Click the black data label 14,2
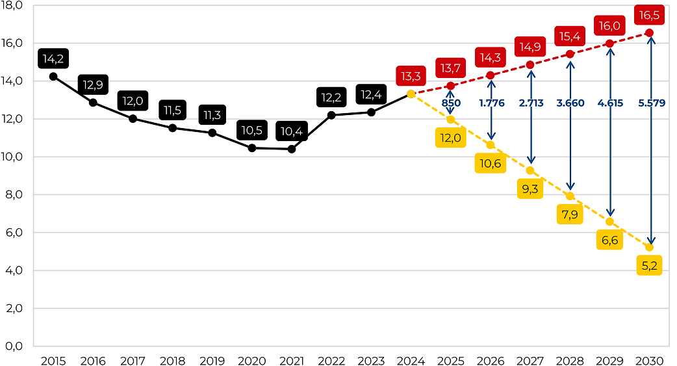[53, 59]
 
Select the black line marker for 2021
[292, 149]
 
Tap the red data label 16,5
[648, 14]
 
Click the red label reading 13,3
[411, 77]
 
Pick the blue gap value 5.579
[652, 103]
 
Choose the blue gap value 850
[451, 103]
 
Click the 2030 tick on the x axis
[648, 360]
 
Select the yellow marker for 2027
[530, 170]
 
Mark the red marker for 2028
[570, 54]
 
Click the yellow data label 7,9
[570, 214]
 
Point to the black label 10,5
[251, 131]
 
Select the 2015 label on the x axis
[53, 360]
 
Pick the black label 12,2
[331, 98]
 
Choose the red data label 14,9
[530, 47]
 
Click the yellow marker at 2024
[411, 94]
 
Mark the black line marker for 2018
[172, 127]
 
